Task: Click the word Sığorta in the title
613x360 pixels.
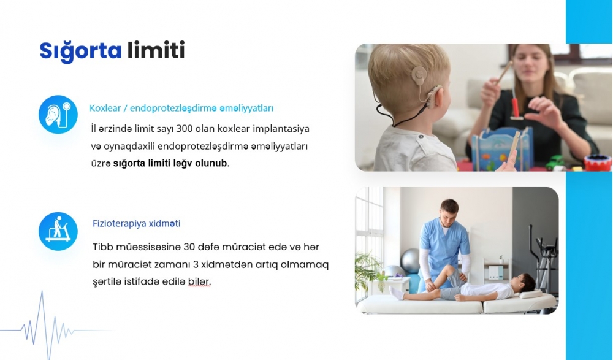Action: pos(80,51)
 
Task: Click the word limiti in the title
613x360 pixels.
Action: pos(156,50)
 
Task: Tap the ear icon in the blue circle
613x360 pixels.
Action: pos(58,114)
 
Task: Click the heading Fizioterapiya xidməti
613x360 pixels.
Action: pos(137,223)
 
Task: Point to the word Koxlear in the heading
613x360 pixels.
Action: pos(105,108)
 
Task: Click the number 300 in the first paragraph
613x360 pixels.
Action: pos(185,129)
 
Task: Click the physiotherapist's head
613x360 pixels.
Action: pos(448,212)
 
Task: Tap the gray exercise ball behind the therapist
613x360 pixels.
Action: pos(411,261)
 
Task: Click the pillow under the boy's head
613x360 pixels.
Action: pos(531,294)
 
